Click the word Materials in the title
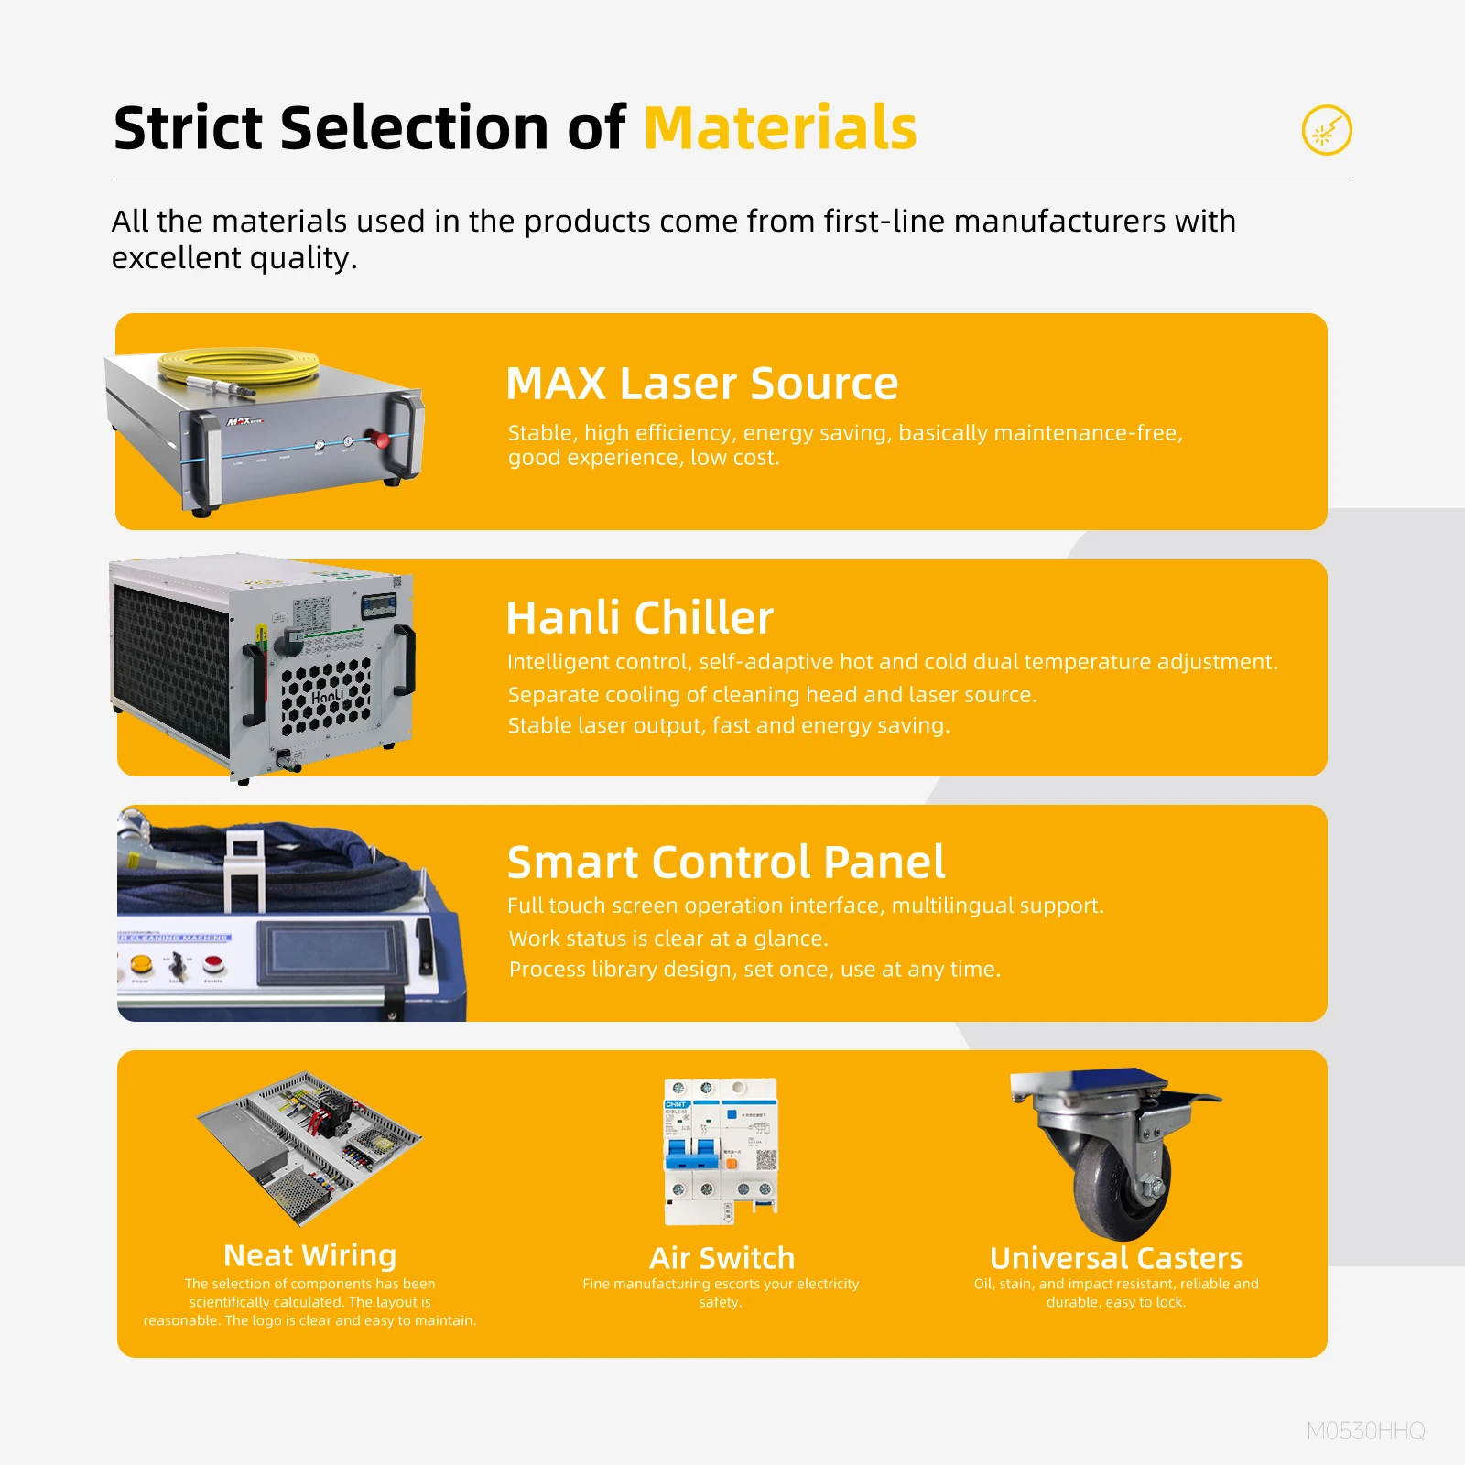780,127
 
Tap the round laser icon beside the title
1327,130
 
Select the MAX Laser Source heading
701,383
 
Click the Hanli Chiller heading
639,617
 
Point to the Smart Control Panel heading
725,862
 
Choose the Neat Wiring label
309,1254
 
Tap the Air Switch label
722,1257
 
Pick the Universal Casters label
1115,1257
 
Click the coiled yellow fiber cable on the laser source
238,365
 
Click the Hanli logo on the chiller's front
327,697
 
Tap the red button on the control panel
213,962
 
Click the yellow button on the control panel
141,963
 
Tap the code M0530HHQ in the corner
1365,1430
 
